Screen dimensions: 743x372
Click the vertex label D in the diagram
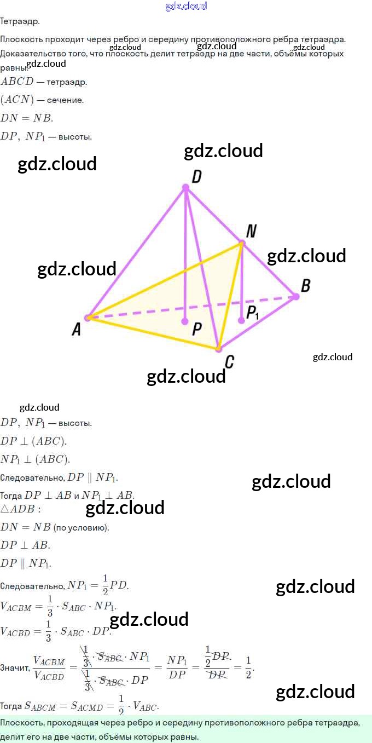tap(197, 176)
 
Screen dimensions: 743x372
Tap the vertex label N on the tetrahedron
tap(251, 231)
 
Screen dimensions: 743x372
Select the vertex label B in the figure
tap(306, 285)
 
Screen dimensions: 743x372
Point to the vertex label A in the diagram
tap(77, 329)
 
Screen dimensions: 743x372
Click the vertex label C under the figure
tap(230, 361)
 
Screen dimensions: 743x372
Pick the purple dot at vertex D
tap(185, 188)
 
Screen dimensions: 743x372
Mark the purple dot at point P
tap(185, 321)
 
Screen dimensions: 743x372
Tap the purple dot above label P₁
tap(242, 320)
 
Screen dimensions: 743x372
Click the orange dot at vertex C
tap(218, 348)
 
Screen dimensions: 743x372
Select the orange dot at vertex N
tap(241, 243)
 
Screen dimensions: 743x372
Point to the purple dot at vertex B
tap(296, 296)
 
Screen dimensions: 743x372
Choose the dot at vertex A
tap(87, 318)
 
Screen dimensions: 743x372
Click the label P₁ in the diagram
tap(253, 313)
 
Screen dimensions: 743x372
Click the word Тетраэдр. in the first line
tap(20, 21)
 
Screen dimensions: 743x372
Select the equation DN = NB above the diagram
tap(27, 118)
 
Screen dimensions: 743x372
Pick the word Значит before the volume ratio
tap(15, 669)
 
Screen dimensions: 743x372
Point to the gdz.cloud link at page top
tap(186, 6)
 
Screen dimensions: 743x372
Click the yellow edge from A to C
tap(153, 333)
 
